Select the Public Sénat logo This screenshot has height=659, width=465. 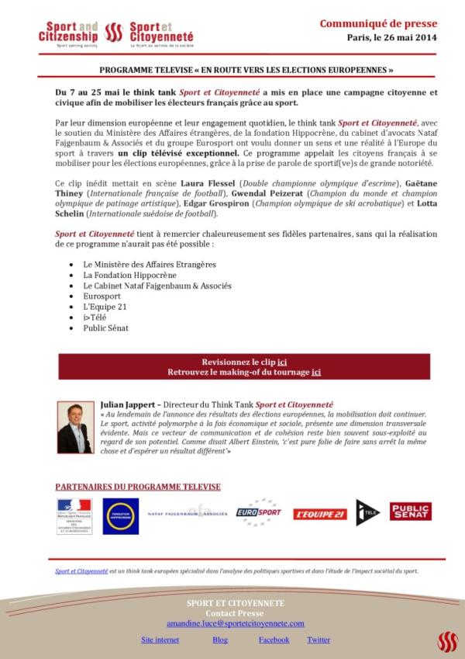(x=410, y=512)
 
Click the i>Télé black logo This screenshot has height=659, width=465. (x=368, y=512)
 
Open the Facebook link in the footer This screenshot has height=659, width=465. (x=274, y=640)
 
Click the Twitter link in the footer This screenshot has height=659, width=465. (x=319, y=640)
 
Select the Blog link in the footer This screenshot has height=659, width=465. (x=220, y=640)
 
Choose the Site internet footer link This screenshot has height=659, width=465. (x=160, y=640)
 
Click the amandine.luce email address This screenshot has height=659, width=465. (x=235, y=623)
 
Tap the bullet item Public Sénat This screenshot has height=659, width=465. (x=106, y=328)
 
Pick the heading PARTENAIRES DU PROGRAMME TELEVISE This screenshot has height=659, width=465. (x=138, y=487)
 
